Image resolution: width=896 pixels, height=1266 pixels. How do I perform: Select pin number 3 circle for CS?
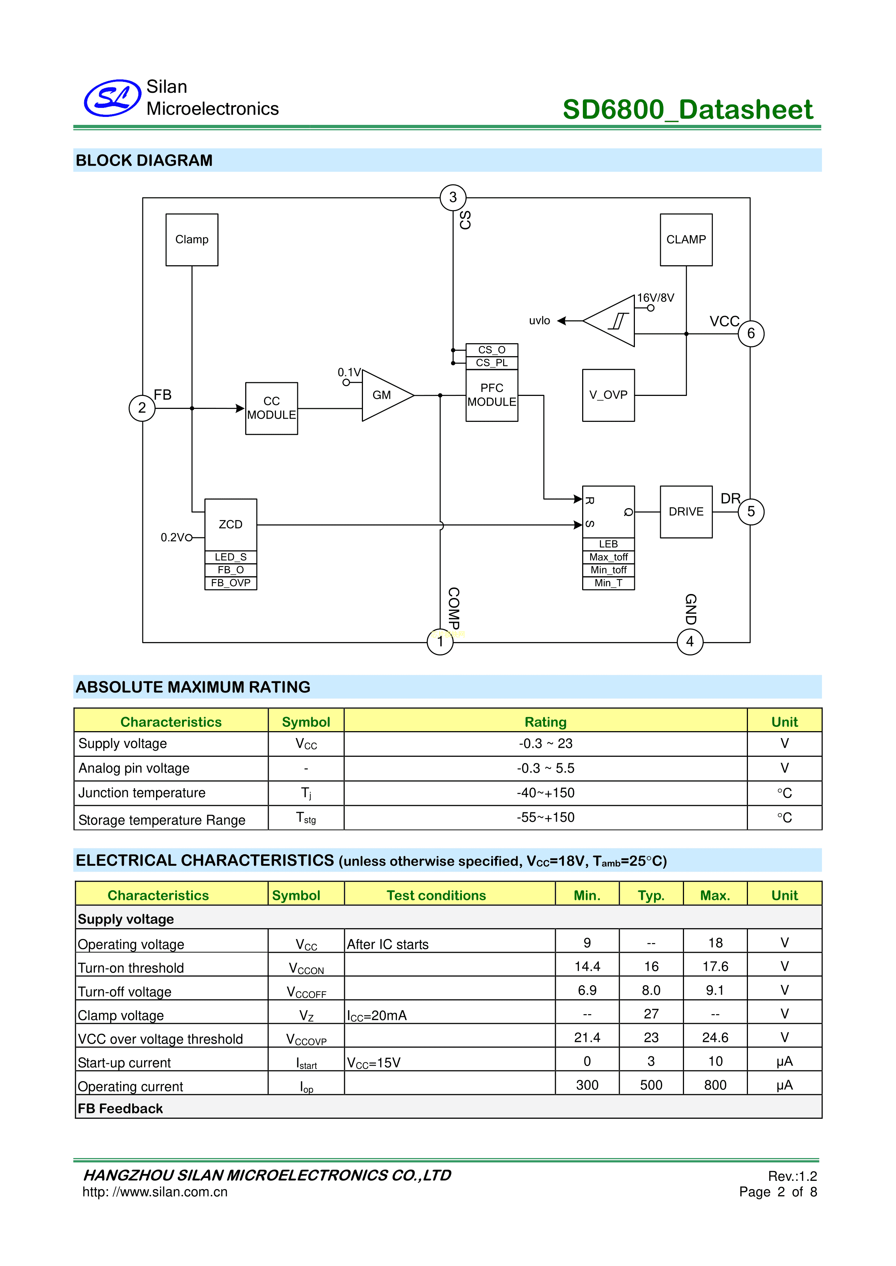453,197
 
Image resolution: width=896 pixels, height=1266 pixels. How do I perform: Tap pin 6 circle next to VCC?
750,333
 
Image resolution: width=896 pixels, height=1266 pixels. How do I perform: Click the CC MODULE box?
272,408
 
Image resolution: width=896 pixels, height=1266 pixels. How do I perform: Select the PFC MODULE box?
492,395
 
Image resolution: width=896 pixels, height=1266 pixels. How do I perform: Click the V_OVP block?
608,395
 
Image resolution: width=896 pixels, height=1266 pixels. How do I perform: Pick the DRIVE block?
686,512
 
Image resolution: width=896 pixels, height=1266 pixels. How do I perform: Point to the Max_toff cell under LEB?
608,557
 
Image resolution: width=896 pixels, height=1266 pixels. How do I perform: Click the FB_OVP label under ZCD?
231,583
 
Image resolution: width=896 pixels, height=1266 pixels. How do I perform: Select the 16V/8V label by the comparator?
655,298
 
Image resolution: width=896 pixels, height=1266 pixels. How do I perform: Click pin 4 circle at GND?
690,642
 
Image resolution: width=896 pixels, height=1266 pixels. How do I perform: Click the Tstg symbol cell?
306,818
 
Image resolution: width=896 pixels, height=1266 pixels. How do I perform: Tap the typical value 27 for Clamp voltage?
651,1014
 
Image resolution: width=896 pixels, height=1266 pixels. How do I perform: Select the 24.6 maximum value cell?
715,1038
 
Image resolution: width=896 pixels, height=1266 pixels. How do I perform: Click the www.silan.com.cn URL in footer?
155,1192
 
